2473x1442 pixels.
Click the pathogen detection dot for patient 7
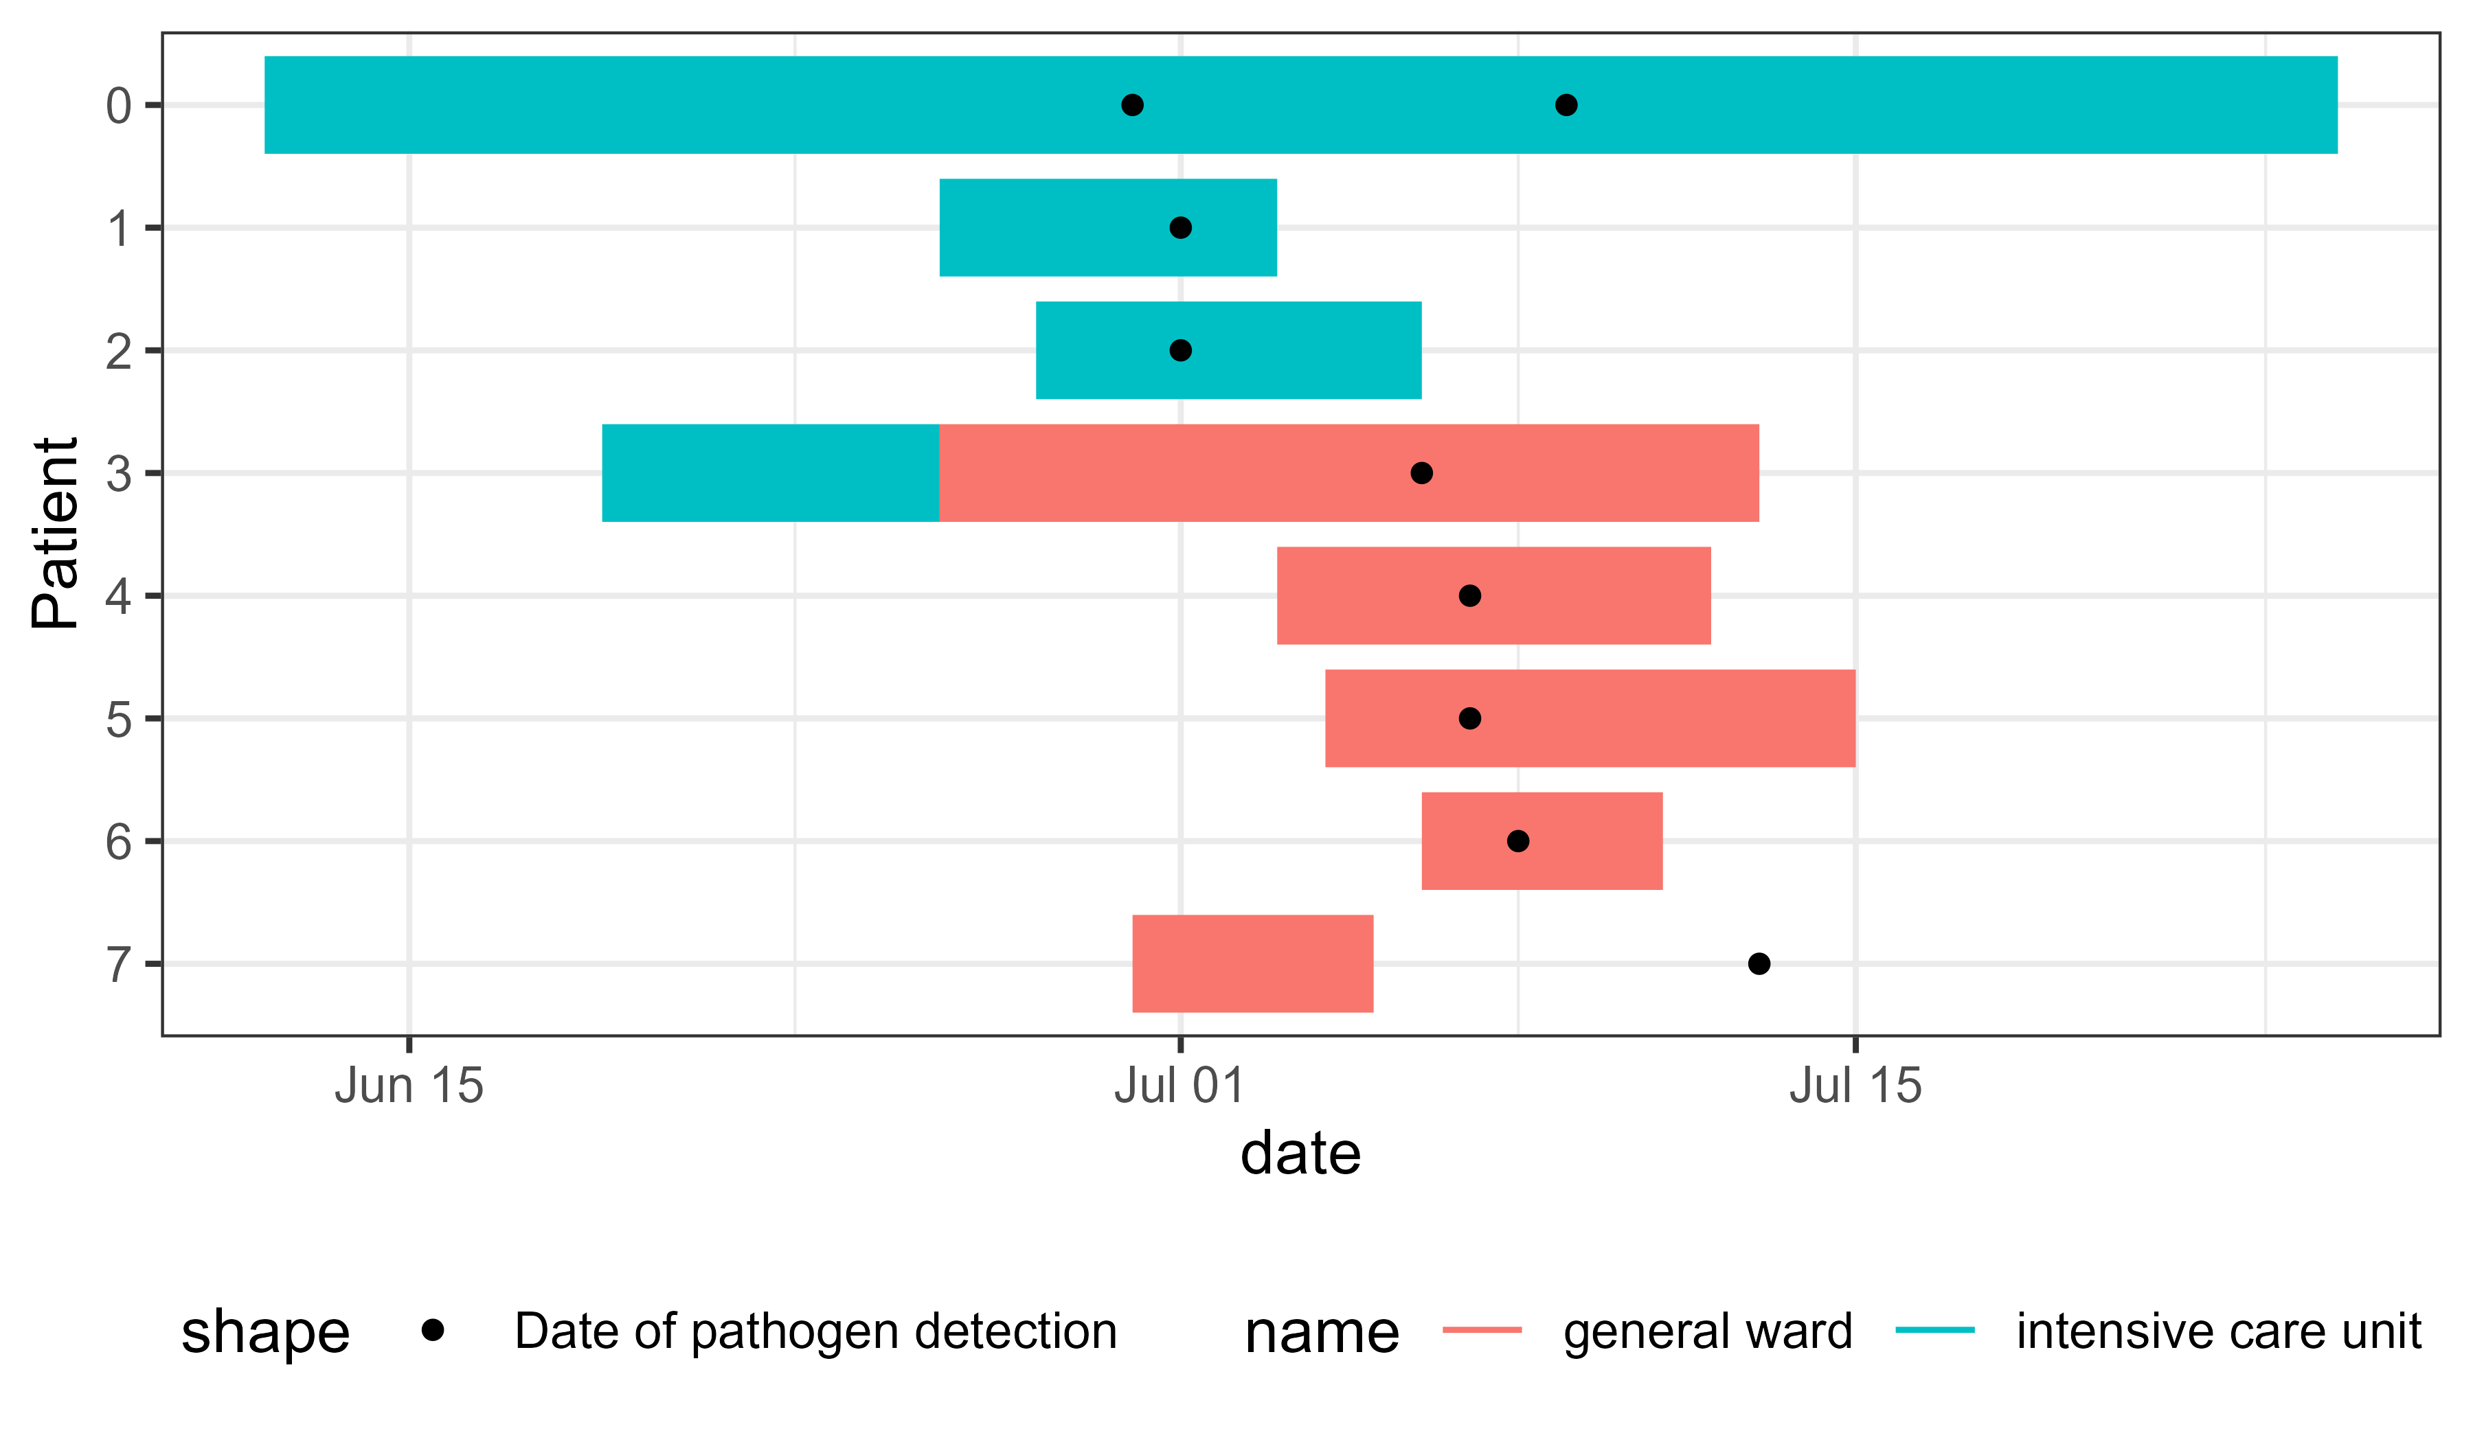coord(1759,963)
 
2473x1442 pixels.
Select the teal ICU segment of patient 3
coord(770,473)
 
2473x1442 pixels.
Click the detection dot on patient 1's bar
coord(1181,227)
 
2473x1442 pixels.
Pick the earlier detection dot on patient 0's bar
coord(1133,105)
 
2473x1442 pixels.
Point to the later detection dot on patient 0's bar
coord(1566,105)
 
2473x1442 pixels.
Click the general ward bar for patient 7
coord(1252,963)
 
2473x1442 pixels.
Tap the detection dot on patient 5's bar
coord(1469,718)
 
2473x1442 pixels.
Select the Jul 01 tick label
coord(1179,1086)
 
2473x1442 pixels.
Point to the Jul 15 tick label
coord(1855,1086)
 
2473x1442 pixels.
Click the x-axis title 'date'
coord(1300,1154)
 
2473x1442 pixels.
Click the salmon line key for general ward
coord(1482,1330)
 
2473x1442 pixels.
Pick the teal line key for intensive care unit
coord(1934,1330)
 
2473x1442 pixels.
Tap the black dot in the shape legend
coord(433,1330)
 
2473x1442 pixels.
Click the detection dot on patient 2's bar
coord(1181,350)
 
